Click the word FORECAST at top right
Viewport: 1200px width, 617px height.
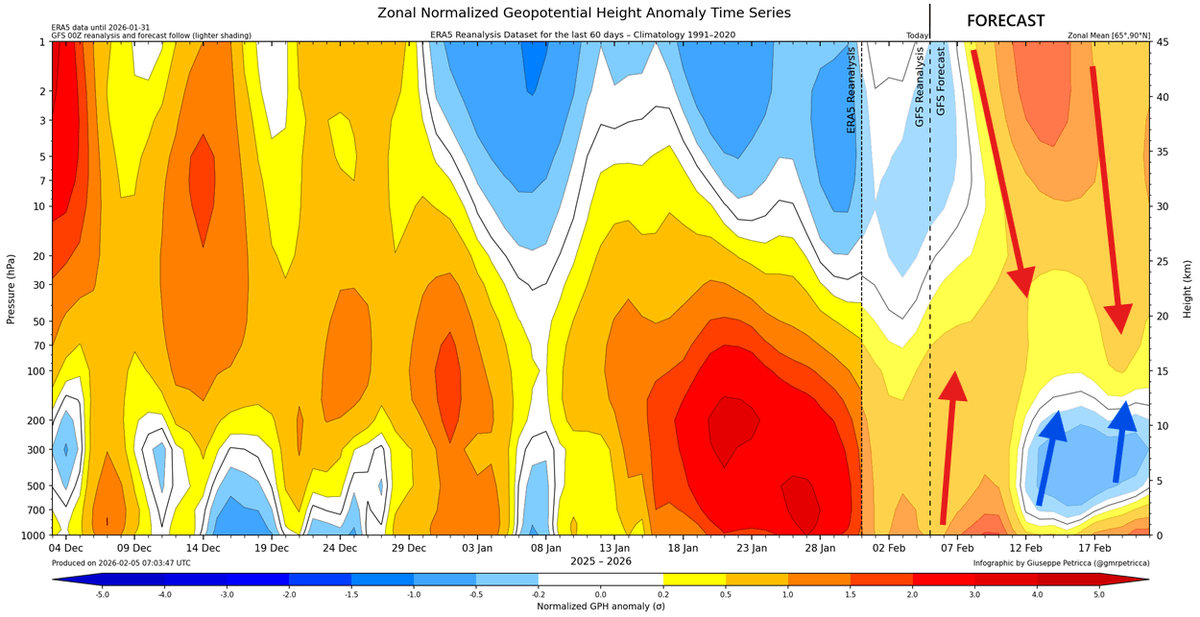tap(1005, 21)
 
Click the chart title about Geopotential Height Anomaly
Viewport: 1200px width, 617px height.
tap(584, 12)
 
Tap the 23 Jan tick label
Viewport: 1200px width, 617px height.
tap(752, 548)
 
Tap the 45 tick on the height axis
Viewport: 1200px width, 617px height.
tap(1162, 42)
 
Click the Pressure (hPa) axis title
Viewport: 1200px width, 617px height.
tap(11, 289)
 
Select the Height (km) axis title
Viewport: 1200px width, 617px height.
tap(1188, 289)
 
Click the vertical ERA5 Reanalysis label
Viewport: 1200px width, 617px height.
tap(851, 91)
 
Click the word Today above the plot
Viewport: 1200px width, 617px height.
tap(917, 36)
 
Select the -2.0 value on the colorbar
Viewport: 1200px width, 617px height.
tap(289, 594)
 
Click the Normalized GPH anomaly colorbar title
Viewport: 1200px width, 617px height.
tap(600, 606)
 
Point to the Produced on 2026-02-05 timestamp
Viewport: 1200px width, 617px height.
tap(121, 563)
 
